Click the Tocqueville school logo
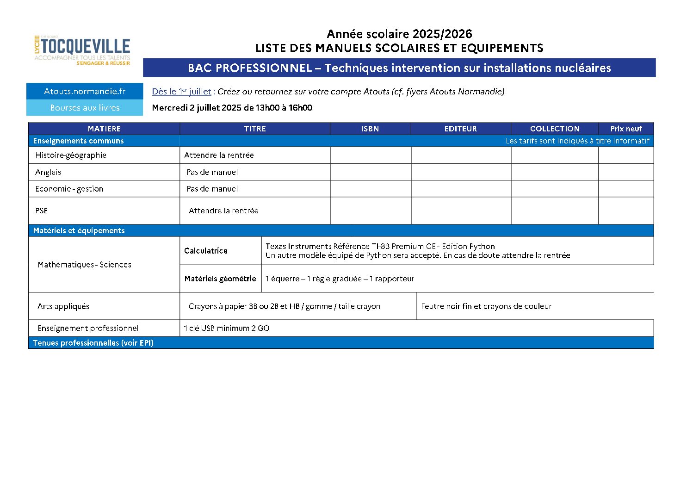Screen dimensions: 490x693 [x=82, y=50]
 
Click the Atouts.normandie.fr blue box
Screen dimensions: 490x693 [x=85, y=91]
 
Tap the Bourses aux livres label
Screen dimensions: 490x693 [x=85, y=108]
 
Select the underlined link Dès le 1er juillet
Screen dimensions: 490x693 [x=181, y=92]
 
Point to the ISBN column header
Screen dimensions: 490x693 [x=370, y=129]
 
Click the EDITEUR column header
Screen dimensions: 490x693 [x=460, y=129]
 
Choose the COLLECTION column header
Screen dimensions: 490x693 [x=554, y=129]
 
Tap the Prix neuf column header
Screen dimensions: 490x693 [x=626, y=129]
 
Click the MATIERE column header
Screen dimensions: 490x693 [x=104, y=129]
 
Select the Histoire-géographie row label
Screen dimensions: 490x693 [x=71, y=155]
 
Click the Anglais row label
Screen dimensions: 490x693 [x=48, y=172]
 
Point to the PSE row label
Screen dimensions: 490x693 [x=42, y=211]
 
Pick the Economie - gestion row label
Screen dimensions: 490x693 [x=69, y=189]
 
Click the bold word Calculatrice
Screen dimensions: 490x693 [x=206, y=251]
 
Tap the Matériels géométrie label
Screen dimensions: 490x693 [x=220, y=279]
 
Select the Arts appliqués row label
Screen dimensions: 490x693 [x=63, y=306]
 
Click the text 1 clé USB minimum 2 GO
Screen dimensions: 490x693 [x=227, y=328]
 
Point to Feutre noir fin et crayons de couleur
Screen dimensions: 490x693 [x=486, y=306]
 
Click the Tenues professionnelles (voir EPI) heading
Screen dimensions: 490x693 [x=93, y=343]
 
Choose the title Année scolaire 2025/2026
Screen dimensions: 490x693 [x=399, y=34]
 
